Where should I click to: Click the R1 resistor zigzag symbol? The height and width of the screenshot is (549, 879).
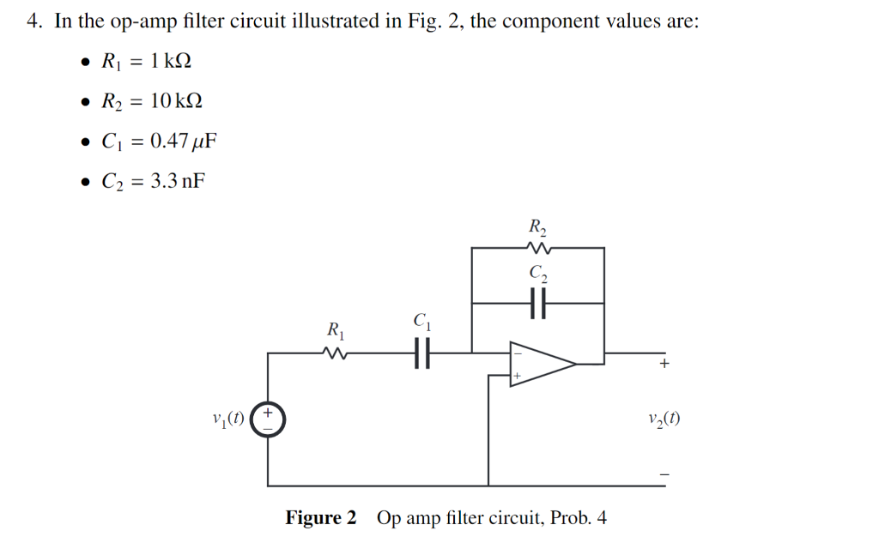(x=335, y=352)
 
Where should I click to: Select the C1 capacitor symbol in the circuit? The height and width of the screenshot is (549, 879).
(x=421, y=352)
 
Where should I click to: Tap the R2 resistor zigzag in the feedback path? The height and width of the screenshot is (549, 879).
(x=538, y=248)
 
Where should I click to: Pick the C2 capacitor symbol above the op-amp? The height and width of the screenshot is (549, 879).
(x=538, y=302)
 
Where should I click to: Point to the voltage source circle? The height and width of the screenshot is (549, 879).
(x=269, y=419)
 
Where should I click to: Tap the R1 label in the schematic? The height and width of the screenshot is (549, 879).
(x=335, y=329)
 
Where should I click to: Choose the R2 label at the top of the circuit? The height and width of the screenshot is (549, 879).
(x=538, y=227)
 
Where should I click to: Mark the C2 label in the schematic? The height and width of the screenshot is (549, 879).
(x=538, y=274)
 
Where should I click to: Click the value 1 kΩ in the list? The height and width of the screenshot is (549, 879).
(x=169, y=61)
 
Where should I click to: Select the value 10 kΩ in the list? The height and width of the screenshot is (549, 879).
(x=175, y=101)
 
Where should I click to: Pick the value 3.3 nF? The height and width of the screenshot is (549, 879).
(x=177, y=181)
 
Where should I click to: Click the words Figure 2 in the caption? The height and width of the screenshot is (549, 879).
(x=320, y=518)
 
